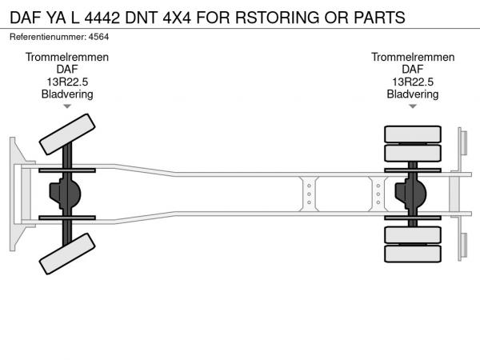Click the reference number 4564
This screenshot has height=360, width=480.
(98, 38)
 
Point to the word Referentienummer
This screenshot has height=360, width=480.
(46, 38)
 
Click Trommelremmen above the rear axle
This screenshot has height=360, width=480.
(413, 58)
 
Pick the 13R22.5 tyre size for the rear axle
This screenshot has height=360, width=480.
(413, 82)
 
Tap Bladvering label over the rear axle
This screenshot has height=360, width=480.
(413, 94)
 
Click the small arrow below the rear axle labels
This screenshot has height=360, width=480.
(413, 106)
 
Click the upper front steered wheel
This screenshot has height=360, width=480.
(67, 134)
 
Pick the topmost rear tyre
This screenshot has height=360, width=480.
(413, 134)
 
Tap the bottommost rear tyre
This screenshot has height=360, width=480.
(413, 254)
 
